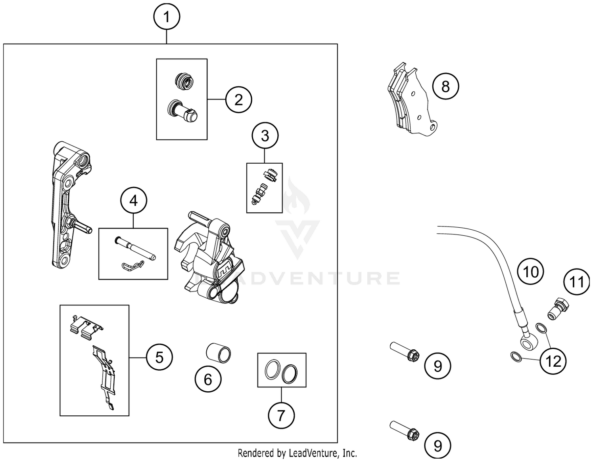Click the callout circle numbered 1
coord(167,17)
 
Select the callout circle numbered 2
coord(238,99)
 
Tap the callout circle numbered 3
coord(265,136)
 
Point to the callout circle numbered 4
coord(134,201)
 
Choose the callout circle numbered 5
coord(159,358)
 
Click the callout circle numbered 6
coord(208,380)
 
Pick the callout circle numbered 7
coord(281,415)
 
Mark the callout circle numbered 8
coord(445,86)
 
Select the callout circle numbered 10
coord(531,272)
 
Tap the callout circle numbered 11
coord(577,282)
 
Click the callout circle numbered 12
coord(553,361)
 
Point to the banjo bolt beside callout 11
coord(559,309)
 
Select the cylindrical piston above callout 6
coord(219,352)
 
